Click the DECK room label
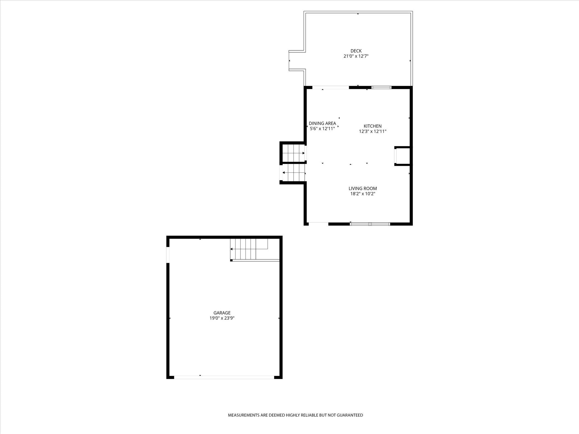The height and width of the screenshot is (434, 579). click(x=356, y=51)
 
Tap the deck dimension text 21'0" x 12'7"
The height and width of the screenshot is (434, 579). click(x=356, y=56)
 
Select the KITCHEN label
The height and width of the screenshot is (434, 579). click(x=372, y=126)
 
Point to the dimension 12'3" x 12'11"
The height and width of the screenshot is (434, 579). click(x=372, y=132)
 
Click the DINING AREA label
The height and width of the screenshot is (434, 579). click(x=322, y=123)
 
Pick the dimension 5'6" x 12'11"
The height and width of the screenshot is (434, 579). click(x=322, y=129)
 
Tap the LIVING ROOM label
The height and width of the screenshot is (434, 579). click(x=363, y=188)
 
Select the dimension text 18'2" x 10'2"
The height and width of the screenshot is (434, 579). click(x=363, y=194)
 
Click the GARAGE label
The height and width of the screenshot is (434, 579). click(x=222, y=313)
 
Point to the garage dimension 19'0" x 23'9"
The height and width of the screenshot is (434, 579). click(x=222, y=318)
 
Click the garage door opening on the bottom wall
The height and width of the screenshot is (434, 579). click(x=224, y=377)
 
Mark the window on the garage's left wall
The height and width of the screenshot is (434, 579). click(x=168, y=254)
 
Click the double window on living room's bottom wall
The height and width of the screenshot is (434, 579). click(x=370, y=224)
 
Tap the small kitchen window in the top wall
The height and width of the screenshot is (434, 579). click(x=381, y=88)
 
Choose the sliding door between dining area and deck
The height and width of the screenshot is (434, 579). click(x=331, y=88)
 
